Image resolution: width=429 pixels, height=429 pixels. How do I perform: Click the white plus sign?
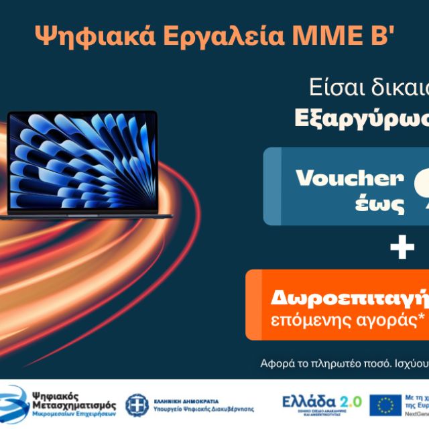tap(402, 249)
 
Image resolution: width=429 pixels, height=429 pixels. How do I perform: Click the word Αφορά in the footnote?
tap(276, 364)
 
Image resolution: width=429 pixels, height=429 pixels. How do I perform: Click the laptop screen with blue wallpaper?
tap(82, 161)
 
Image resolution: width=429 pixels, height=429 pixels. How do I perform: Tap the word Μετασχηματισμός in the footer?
tap(74, 406)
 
